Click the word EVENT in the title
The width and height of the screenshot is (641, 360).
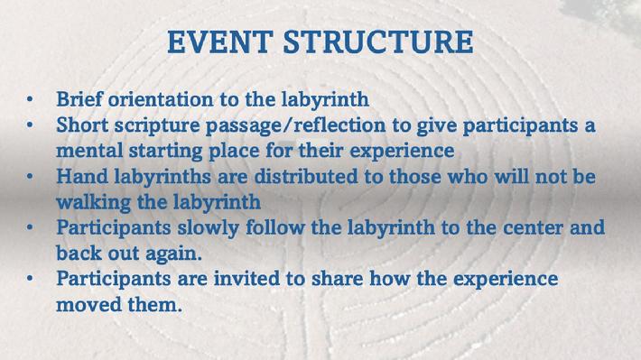tap(220, 42)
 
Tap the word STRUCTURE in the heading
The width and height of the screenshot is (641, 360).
tap(378, 42)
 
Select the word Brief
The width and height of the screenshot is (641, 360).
tap(79, 99)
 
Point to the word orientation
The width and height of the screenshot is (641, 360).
tap(161, 99)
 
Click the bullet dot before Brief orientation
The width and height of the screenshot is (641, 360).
tap(30, 99)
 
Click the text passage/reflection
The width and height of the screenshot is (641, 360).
tap(295, 125)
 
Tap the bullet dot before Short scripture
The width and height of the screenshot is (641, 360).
tap(30, 125)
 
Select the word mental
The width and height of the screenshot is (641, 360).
tap(89, 151)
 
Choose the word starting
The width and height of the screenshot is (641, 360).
tap(165, 152)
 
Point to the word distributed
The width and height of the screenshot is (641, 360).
tap(318, 177)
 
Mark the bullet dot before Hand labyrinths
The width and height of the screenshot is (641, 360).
tap(30, 177)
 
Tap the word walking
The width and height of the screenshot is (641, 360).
tap(94, 203)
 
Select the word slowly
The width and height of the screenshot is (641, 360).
tap(208, 228)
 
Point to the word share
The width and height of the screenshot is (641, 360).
tap(338, 279)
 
